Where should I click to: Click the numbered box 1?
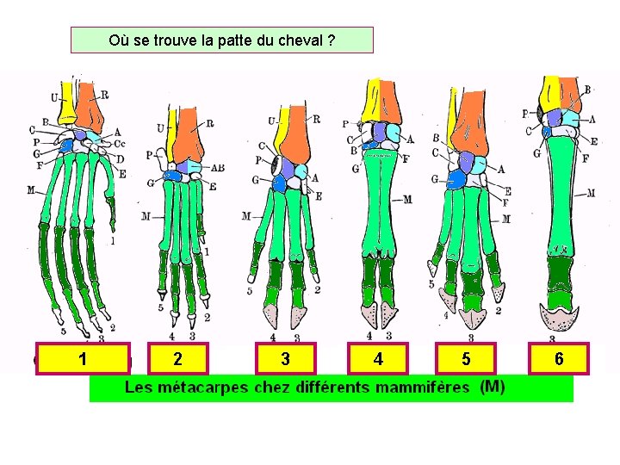tap(81, 359)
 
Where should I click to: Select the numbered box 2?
tap(177, 359)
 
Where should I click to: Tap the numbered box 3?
tap(285, 359)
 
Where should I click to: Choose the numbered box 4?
tap(378, 359)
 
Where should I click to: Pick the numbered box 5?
tap(466, 359)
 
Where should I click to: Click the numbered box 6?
tap(559, 359)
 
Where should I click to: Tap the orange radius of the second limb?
tap(193, 138)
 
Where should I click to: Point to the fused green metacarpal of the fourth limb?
tap(379, 198)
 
